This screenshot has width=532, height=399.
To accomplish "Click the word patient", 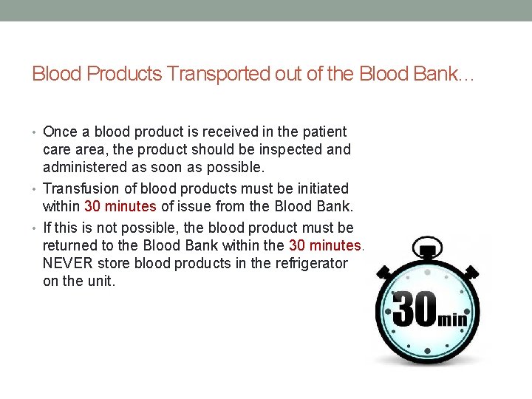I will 323,132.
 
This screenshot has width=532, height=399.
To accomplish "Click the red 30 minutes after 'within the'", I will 325,246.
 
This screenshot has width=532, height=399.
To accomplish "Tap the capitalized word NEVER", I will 66,262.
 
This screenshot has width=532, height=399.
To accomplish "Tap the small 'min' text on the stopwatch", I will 452,319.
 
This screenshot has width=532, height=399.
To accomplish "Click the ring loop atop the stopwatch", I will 426,247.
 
